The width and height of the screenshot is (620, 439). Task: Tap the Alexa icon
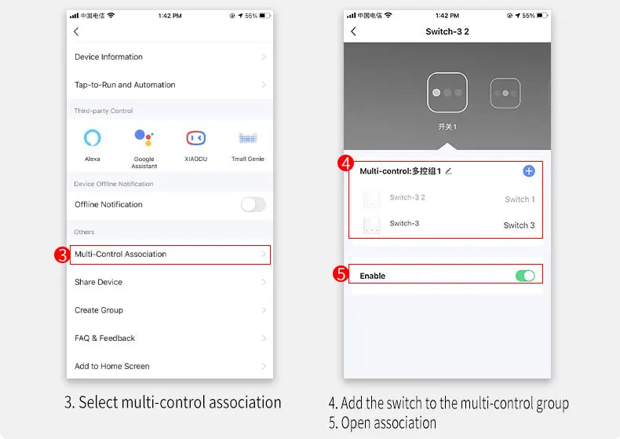[x=92, y=137]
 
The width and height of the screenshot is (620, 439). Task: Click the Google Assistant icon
[x=144, y=137]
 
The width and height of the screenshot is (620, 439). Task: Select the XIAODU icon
[x=195, y=137]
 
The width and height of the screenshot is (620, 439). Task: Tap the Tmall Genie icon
[x=248, y=138]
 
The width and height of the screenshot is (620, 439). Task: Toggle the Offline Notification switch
[x=253, y=204]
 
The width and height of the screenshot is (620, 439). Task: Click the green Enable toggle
[x=525, y=276]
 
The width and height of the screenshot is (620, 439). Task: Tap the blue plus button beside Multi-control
[x=529, y=171]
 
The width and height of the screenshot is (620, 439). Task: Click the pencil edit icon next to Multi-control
[x=448, y=171]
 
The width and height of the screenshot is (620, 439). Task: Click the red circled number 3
[x=62, y=254]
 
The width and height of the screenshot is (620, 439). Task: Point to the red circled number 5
[x=341, y=273]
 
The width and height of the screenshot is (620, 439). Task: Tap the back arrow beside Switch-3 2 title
[x=353, y=31]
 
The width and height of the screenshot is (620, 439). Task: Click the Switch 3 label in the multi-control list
[x=519, y=225]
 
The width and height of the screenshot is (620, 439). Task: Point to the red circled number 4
[x=345, y=163]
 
